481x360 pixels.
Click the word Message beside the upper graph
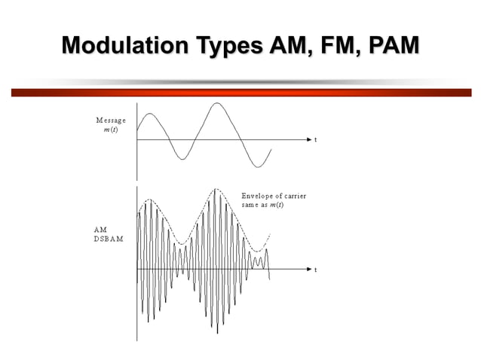click(x=111, y=120)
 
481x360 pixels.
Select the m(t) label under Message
click(x=110, y=130)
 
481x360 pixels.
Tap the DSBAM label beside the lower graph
click(x=109, y=238)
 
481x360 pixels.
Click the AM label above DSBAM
click(x=100, y=229)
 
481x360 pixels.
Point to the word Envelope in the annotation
click(x=258, y=196)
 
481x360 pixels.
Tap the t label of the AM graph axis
click(x=315, y=270)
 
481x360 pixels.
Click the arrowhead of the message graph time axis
click(x=308, y=140)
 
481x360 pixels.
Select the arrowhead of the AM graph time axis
click(x=308, y=269)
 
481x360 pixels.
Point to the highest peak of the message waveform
click(x=217, y=103)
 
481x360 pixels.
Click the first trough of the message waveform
click(x=180, y=158)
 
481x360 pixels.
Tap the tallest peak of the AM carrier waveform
click(x=216, y=189)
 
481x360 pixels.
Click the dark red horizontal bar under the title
click(x=240, y=93)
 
